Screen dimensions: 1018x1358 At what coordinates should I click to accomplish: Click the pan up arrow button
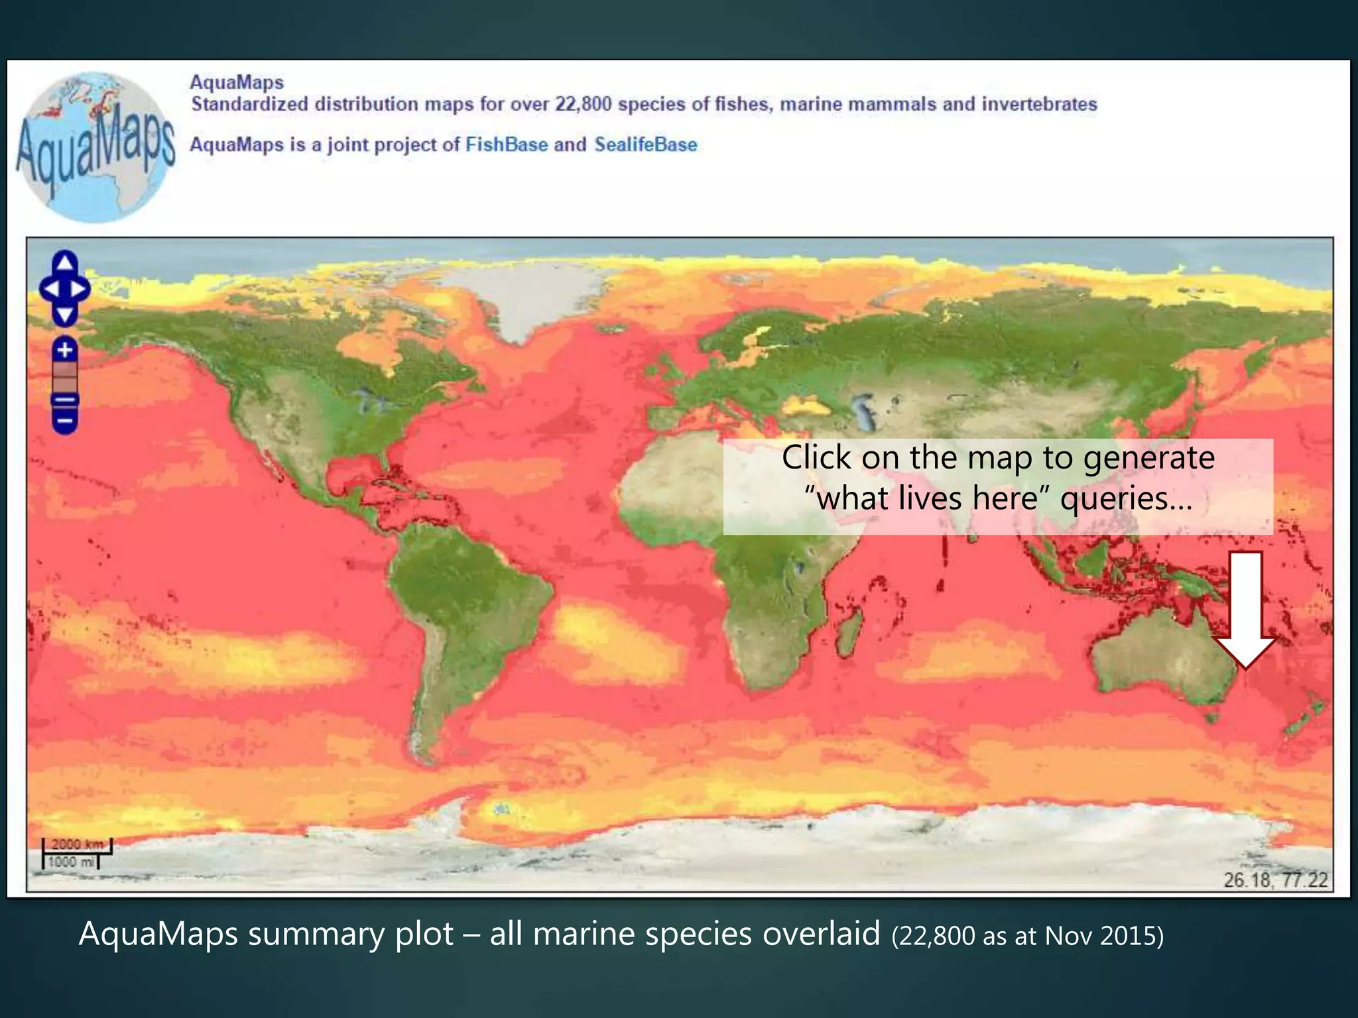point(64,262)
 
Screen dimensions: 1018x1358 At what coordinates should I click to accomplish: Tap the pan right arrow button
point(80,289)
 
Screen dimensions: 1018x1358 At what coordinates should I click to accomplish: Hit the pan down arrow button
point(64,315)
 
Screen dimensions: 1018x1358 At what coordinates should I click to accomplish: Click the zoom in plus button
point(64,349)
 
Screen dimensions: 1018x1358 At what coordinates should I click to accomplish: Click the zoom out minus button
point(64,421)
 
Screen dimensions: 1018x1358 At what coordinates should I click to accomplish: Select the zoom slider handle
point(64,400)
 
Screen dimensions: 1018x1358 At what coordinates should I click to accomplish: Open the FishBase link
point(507,144)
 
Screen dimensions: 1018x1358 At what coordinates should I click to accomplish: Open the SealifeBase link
point(645,144)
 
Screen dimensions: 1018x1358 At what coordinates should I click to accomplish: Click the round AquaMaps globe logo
point(94,147)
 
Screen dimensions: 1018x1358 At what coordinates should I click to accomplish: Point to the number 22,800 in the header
point(583,104)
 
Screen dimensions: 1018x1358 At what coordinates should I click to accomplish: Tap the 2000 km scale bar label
point(78,844)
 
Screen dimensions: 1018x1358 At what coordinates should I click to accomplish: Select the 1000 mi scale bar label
point(71,862)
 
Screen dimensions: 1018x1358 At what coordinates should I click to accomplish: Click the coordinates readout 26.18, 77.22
point(1275,879)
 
